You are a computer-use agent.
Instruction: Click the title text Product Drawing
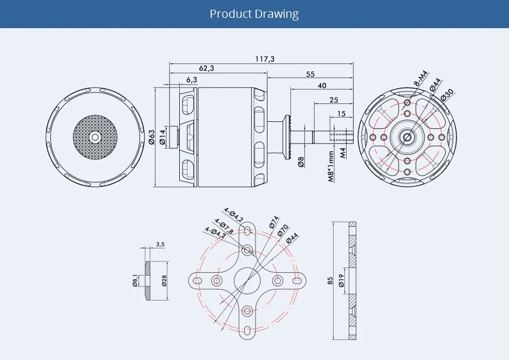coord(254,14)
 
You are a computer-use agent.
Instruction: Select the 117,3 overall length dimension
coord(265,58)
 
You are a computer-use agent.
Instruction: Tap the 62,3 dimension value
coord(206,68)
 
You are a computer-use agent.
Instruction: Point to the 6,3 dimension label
coord(191,80)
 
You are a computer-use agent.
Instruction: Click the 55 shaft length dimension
coord(310,74)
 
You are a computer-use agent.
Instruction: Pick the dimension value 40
coord(322,86)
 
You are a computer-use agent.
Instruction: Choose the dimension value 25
coord(334,100)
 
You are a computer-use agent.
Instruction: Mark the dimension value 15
coord(341,113)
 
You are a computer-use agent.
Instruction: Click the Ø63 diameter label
coord(152,137)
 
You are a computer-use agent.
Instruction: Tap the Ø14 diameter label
coord(162,137)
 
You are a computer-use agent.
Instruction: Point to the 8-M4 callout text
coord(421,78)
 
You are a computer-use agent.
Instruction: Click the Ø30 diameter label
coord(447,94)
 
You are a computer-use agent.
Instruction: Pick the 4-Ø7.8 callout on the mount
coord(224,226)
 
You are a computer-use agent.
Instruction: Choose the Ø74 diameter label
coord(273,222)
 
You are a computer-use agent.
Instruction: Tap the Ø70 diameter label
coord(283,230)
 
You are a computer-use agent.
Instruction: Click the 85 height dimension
coord(330,281)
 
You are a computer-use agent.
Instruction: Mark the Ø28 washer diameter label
coord(163,280)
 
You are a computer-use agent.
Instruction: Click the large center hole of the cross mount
coord(247,280)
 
